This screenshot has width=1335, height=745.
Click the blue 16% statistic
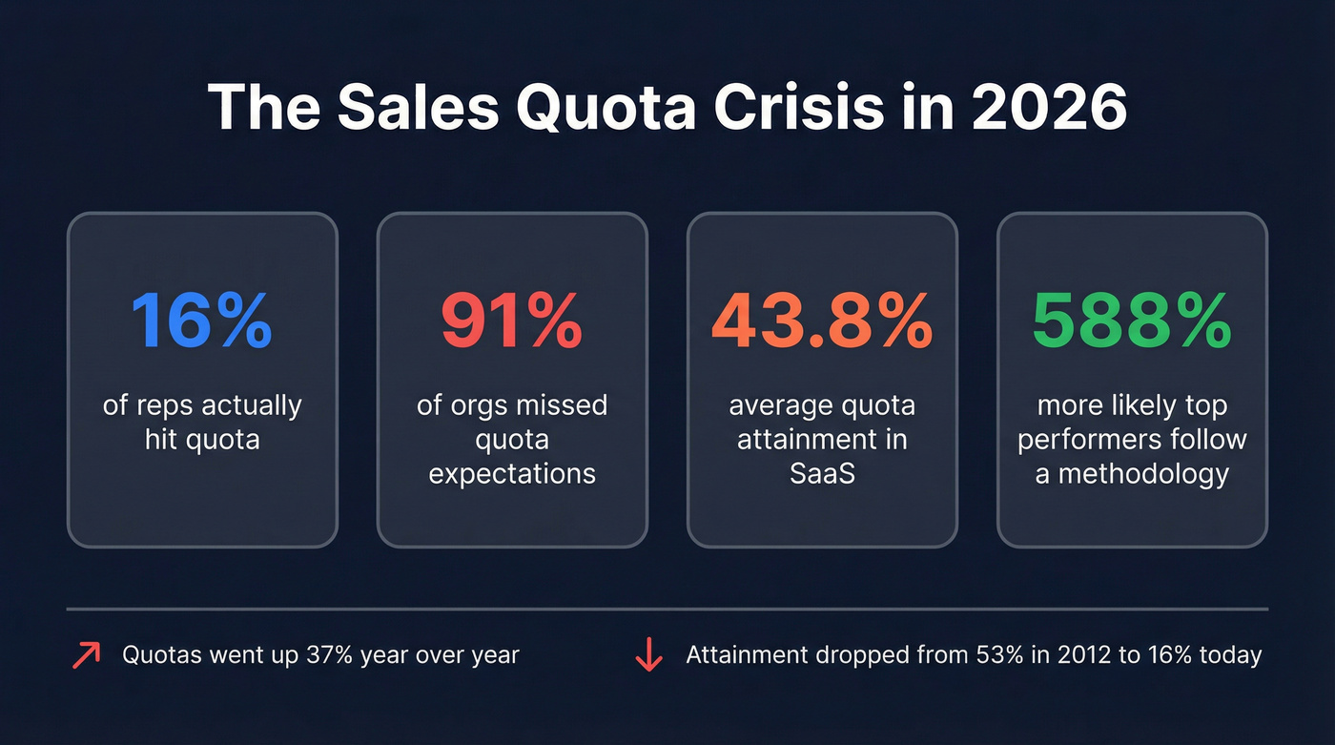pyautogui.click(x=201, y=321)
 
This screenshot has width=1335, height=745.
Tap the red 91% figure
pyautogui.click(x=512, y=321)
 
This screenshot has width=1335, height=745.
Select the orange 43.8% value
pyautogui.click(x=822, y=321)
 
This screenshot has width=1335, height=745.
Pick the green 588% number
pyautogui.click(x=1132, y=321)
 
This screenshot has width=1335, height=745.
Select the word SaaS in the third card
pyautogui.click(x=822, y=474)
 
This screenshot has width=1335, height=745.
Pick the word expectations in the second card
pyautogui.click(x=512, y=474)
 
